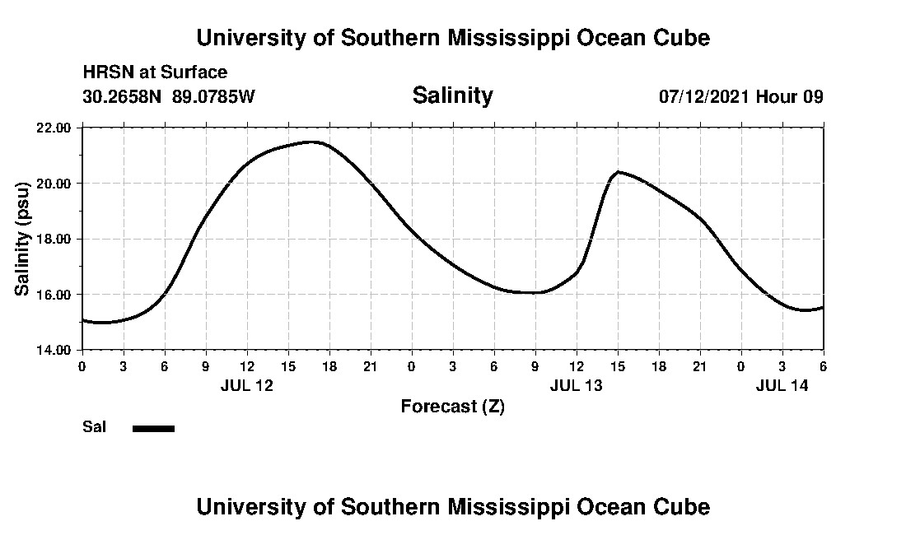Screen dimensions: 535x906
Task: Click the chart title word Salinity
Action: pyautogui.click(x=452, y=95)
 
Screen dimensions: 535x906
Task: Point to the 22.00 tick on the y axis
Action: pyautogui.click(x=54, y=128)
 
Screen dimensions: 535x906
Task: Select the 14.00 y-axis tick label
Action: pyautogui.click(x=54, y=350)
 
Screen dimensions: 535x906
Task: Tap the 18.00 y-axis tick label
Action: pyautogui.click(x=54, y=239)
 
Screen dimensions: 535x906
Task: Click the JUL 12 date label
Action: pyautogui.click(x=246, y=385)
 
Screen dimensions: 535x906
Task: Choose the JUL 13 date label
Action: pyautogui.click(x=576, y=385)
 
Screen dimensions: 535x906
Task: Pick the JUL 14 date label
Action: pyautogui.click(x=782, y=385)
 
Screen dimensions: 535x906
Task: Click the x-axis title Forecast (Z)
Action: pyautogui.click(x=452, y=407)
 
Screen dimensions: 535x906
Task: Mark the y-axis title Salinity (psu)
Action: pyautogui.click(x=23, y=239)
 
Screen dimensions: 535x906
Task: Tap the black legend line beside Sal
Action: pyautogui.click(x=153, y=428)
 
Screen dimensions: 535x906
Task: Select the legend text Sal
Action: pyautogui.click(x=94, y=427)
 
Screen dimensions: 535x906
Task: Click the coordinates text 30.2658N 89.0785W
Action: pyautogui.click(x=169, y=96)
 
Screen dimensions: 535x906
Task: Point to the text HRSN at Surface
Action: pyautogui.click(x=155, y=73)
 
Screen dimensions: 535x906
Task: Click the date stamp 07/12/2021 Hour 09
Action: pyautogui.click(x=740, y=96)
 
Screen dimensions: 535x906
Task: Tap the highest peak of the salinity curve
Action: pyautogui.click(x=311, y=142)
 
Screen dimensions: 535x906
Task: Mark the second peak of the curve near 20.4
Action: pyautogui.click(x=618, y=171)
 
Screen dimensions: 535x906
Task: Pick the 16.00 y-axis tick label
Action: pyautogui.click(x=54, y=294)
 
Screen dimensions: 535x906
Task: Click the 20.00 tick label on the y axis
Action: pyautogui.click(x=54, y=183)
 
